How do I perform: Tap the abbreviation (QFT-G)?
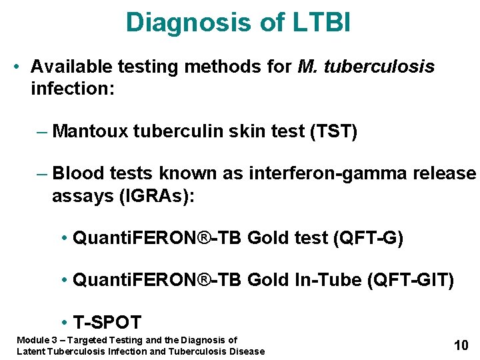coord(372,238)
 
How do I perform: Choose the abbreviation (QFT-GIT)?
coord(410,281)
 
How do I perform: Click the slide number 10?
coord(461,345)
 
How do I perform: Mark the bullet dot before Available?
coord(19,67)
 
